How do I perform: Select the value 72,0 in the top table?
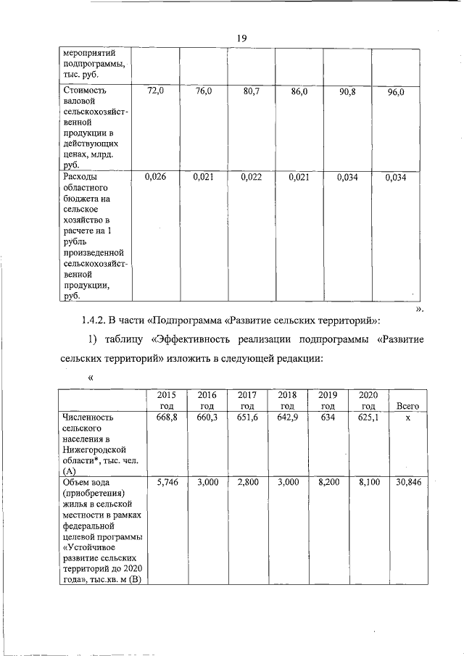click(156, 91)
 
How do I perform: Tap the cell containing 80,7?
click(252, 91)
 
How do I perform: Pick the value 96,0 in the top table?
click(395, 92)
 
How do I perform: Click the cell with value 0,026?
click(154, 176)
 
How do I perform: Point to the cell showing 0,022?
click(251, 176)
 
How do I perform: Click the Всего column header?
click(408, 407)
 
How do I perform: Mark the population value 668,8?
click(167, 418)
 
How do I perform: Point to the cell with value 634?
click(328, 418)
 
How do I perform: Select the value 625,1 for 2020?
click(368, 418)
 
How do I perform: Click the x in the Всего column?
click(408, 418)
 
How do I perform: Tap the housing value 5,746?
click(167, 482)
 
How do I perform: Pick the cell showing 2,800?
click(248, 482)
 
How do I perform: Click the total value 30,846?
click(408, 482)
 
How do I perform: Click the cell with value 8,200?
click(328, 482)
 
